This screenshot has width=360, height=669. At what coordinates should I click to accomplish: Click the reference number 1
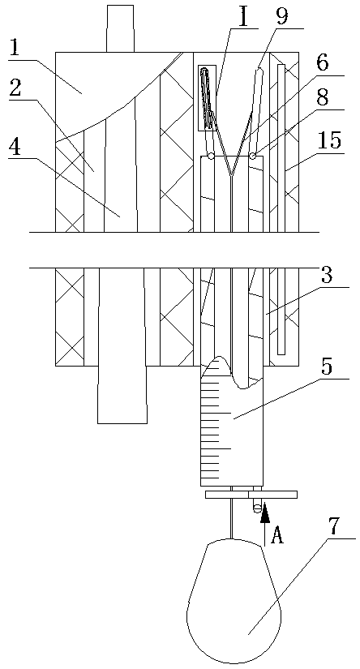[15, 50]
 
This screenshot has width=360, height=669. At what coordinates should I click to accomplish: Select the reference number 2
[15, 89]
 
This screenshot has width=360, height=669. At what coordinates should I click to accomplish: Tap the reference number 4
[15, 148]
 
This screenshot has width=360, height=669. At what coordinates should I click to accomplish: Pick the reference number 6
[323, 64]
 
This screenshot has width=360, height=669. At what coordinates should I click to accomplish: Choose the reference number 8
[323, 100]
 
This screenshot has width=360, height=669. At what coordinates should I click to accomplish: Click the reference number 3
[327, 277]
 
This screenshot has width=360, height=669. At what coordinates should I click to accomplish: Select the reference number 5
[326, 368]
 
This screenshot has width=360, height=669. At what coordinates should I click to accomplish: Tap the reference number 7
[333, 528]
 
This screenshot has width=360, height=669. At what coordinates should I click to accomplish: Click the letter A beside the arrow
[277, 535]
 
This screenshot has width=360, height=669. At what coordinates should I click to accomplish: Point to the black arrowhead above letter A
[265, 512]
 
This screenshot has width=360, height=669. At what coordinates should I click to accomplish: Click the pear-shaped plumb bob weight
[234, 602]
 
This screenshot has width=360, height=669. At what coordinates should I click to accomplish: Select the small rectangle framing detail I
[207, 97]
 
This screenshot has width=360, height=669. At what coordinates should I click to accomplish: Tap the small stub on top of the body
[120, 28]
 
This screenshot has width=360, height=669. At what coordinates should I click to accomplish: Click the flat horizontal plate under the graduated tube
[251, 495]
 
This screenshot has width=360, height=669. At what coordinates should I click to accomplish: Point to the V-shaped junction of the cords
[231, 176]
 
